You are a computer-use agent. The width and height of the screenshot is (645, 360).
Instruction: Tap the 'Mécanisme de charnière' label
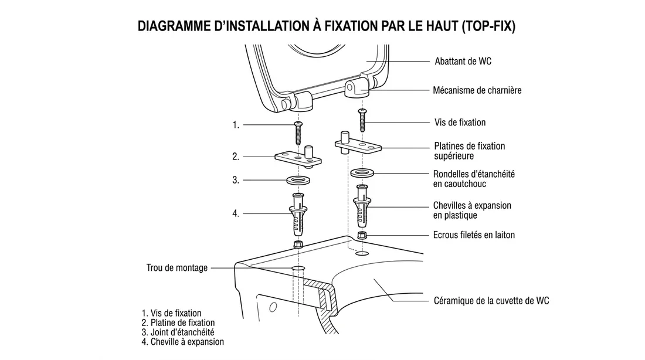coord(477,90)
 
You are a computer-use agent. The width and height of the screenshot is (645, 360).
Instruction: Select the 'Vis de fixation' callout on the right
coord(460,123)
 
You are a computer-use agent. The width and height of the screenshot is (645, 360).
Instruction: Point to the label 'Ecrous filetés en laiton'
coord(474,235)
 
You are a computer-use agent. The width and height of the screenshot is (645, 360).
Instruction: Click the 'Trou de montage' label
coord(176,268)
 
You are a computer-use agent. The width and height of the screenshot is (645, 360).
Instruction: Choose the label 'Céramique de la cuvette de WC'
coord(491,301)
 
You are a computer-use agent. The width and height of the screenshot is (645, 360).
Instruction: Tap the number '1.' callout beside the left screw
coord(236,125)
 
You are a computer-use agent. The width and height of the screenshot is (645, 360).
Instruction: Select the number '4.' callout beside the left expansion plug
coord(236,214)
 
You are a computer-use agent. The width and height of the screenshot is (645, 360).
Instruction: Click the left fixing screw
coord(297,134)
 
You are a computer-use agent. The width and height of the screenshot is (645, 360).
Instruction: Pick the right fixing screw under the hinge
coord(362,120)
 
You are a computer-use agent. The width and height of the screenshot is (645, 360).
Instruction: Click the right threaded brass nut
coord(362,235)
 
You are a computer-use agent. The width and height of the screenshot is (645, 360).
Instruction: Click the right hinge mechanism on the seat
coord(358,89)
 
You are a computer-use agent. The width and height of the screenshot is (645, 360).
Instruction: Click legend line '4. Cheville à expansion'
coord(182,341)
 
